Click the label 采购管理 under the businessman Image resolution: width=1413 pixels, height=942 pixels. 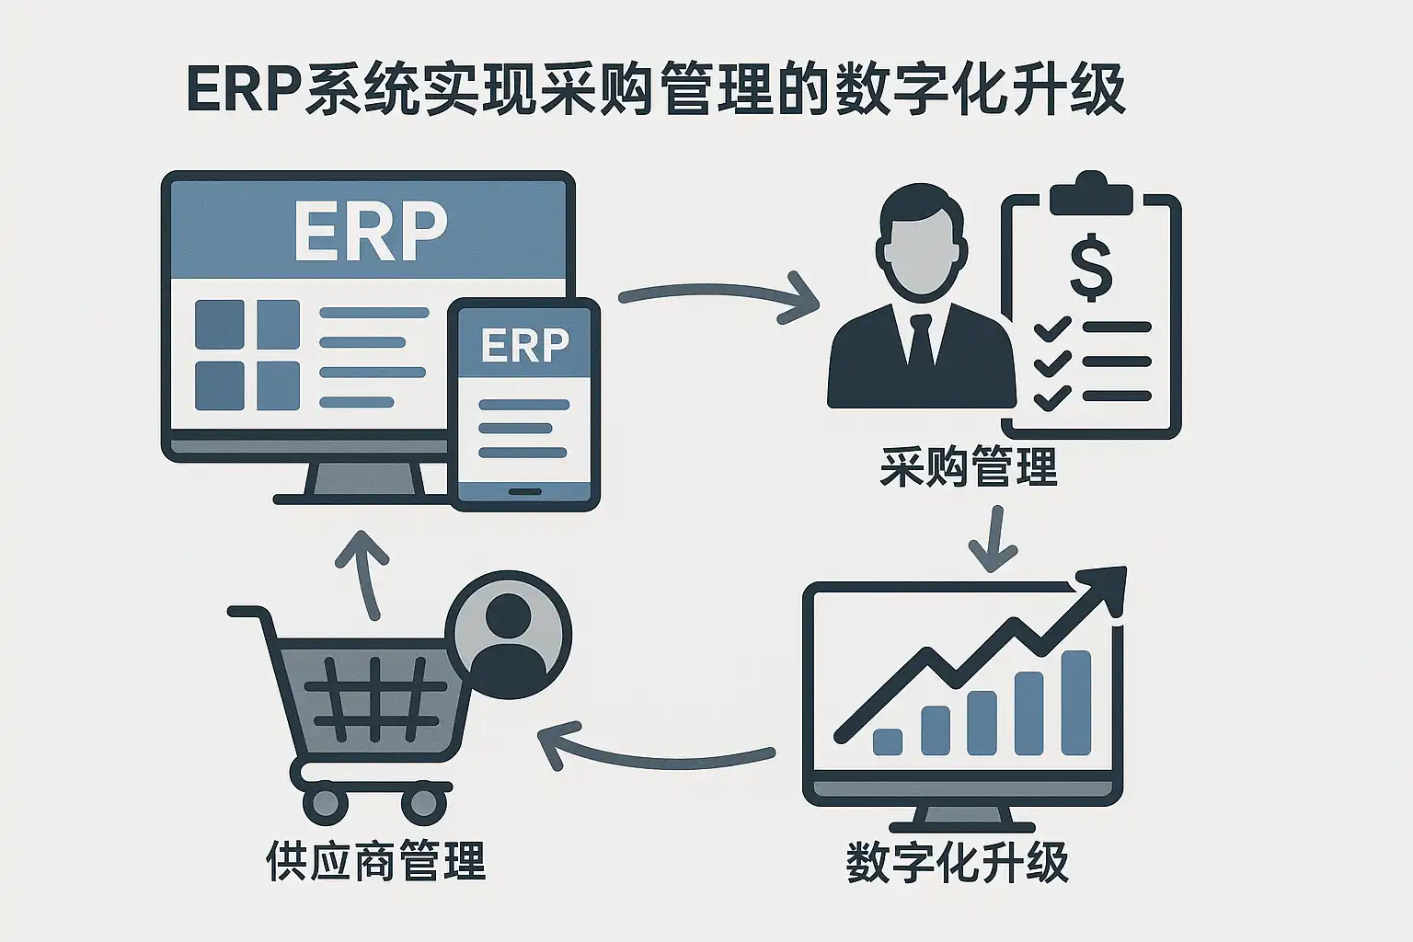(969, 466)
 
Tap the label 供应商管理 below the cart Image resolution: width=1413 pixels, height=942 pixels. (375, 861)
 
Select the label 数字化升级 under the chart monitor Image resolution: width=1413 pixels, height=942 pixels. (957, 862)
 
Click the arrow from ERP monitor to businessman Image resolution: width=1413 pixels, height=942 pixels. (718, 297)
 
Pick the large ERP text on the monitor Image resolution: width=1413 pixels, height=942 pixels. (370, 231)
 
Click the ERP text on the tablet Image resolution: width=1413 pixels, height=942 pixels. (524, 345)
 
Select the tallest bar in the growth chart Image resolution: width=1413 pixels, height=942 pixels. (1075, 703)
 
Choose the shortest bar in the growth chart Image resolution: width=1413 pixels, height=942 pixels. (888, 741)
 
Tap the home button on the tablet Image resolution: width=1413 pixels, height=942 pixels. (525, 491)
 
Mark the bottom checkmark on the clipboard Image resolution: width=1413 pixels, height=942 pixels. (1051, 397)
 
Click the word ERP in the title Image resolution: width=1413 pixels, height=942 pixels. (244, 89)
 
